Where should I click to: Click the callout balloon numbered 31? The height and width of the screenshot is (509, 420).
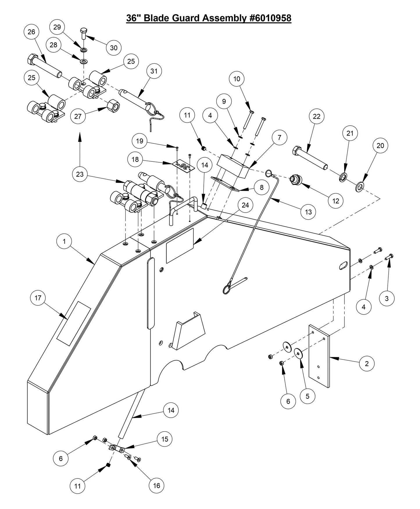154,71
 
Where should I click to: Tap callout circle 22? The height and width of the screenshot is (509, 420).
317,116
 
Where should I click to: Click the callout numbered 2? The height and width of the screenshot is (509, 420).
367,363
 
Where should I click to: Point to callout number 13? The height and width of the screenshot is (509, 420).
308,212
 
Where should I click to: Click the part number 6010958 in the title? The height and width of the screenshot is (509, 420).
270,18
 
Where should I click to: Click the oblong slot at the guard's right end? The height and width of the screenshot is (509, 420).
343,265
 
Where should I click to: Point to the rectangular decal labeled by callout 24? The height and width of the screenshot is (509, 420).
180,245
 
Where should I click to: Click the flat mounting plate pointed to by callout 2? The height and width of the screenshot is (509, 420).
319,357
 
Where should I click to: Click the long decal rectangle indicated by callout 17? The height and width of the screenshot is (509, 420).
73,323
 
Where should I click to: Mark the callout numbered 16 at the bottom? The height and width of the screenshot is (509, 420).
156,485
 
